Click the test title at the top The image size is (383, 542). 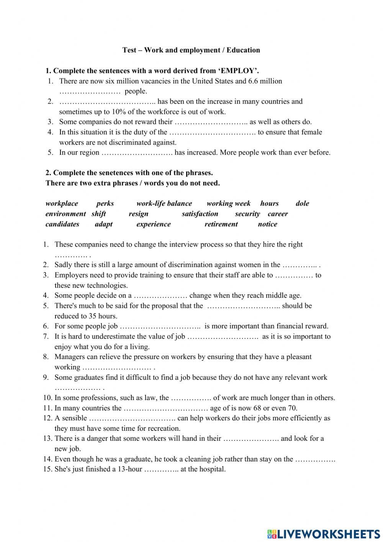point(191,50)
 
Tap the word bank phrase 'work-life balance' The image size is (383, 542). point(164,203)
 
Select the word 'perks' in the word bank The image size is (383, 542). point(105,203)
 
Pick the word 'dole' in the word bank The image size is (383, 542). point(302,203)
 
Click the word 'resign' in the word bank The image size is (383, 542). point(138,214)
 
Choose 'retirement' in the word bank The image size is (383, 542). point(221,224)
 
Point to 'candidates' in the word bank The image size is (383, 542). point(62,224)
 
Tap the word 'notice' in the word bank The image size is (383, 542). point(267,224)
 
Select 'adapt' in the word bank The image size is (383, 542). point(104,224)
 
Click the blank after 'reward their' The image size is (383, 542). point(211,122)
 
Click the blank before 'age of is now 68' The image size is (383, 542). point(166,408)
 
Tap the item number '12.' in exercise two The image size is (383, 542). point(48,418)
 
